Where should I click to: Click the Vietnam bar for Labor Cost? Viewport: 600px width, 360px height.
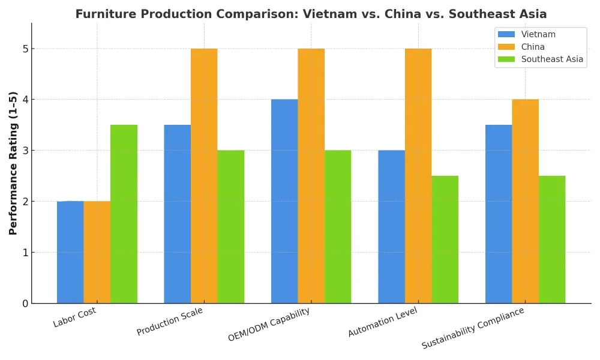[x=70, y=252]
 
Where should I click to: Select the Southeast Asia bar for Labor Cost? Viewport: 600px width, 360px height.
[x=124, y=214]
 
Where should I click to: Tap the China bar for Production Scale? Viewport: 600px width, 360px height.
[x=204, y=176]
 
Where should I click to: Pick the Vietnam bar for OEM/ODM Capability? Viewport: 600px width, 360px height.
[x=284, y=201]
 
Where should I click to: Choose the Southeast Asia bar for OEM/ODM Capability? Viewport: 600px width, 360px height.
[x=338, y=227]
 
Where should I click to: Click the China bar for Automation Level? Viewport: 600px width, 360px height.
[x=418, y=176]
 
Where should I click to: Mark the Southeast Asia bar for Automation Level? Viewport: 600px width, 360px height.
[x=445, y=239]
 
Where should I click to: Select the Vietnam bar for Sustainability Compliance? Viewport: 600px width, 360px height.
[x=499, y=214]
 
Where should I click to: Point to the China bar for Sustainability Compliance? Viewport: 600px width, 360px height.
[x=525, y=201]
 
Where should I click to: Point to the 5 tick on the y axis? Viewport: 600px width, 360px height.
[x=25, y=49]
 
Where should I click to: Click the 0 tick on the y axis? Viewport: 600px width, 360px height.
[x=25, y=304]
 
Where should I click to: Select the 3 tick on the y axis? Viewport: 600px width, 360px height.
[x=25, y=151]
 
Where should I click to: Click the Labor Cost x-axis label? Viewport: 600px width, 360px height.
[x=74, y=317]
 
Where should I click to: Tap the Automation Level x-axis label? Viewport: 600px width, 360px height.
[x=383, y=322]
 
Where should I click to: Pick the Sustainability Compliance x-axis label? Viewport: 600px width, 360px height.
[x=473, y=328]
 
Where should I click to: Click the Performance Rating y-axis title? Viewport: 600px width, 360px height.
[x=13, y=163]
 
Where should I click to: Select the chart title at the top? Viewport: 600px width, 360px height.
[x=311, y=14]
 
